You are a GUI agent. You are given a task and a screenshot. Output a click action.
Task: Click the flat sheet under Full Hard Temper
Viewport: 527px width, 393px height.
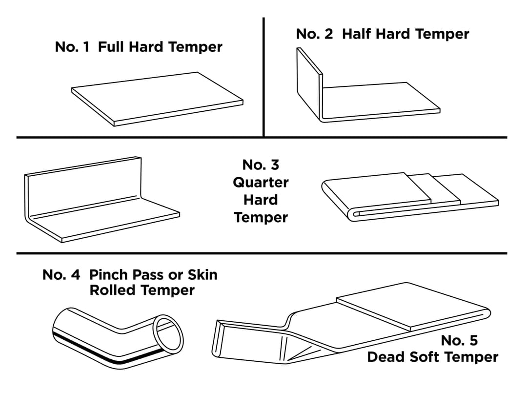[x=156, y=98]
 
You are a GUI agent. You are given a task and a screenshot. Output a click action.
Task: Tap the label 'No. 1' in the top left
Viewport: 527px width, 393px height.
[x=72, y=47]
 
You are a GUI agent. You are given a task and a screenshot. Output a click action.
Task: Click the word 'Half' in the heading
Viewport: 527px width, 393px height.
[x=355, y=34]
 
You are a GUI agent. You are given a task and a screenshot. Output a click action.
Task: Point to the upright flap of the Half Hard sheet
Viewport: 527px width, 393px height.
[x=309, y=83]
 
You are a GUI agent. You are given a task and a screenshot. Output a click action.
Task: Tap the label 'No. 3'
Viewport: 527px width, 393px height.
[x=261, y=165]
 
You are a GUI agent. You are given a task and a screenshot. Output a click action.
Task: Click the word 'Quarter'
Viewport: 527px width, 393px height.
[x=261, y=183]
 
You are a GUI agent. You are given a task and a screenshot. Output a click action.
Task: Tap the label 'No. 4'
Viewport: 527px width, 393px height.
[x=61, y=274]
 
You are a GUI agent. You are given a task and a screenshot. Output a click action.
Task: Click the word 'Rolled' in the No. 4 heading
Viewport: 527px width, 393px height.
[x=107, y=290]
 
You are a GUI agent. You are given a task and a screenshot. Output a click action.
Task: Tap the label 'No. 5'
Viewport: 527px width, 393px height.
[x=459, y=340]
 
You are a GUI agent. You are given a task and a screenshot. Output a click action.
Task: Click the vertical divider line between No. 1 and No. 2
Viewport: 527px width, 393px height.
[x=263, y=78]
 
